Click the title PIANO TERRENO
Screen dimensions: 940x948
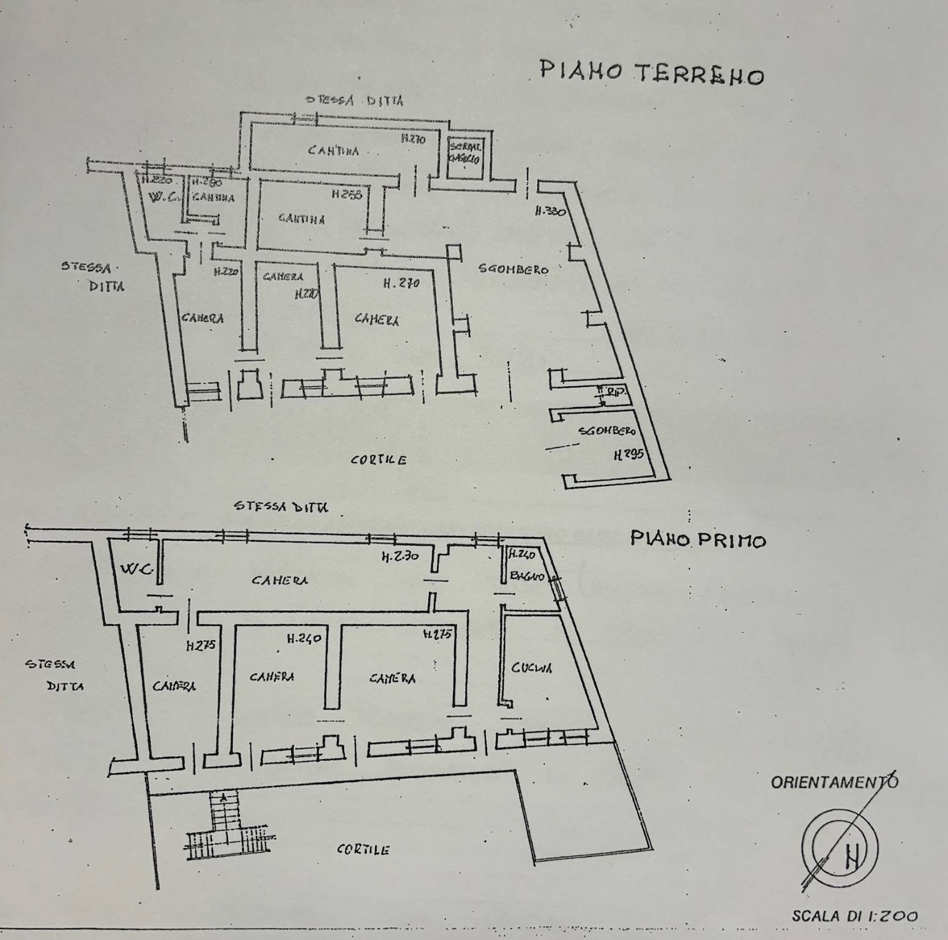[x=651, y=73]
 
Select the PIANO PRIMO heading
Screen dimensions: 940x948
[x=698, y=540]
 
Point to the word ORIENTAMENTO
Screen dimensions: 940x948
[x=834, y=781]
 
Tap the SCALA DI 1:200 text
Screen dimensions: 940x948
[x=854, y=916]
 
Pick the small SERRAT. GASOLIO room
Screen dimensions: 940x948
[x=466, y=154]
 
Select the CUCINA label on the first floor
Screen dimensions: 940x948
[x=532, y=668]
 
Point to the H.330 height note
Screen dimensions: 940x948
[x=550, y=212]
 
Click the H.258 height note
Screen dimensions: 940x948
[x=347, y=194]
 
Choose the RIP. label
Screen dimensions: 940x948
[x=614, y=392]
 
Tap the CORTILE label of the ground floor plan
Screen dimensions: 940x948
[x=378, y=460]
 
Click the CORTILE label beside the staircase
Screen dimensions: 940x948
[x=364, y=849]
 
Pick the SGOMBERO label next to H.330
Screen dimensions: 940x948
[x=513, y=269]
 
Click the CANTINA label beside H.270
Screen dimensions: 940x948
[x=334, y=150]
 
